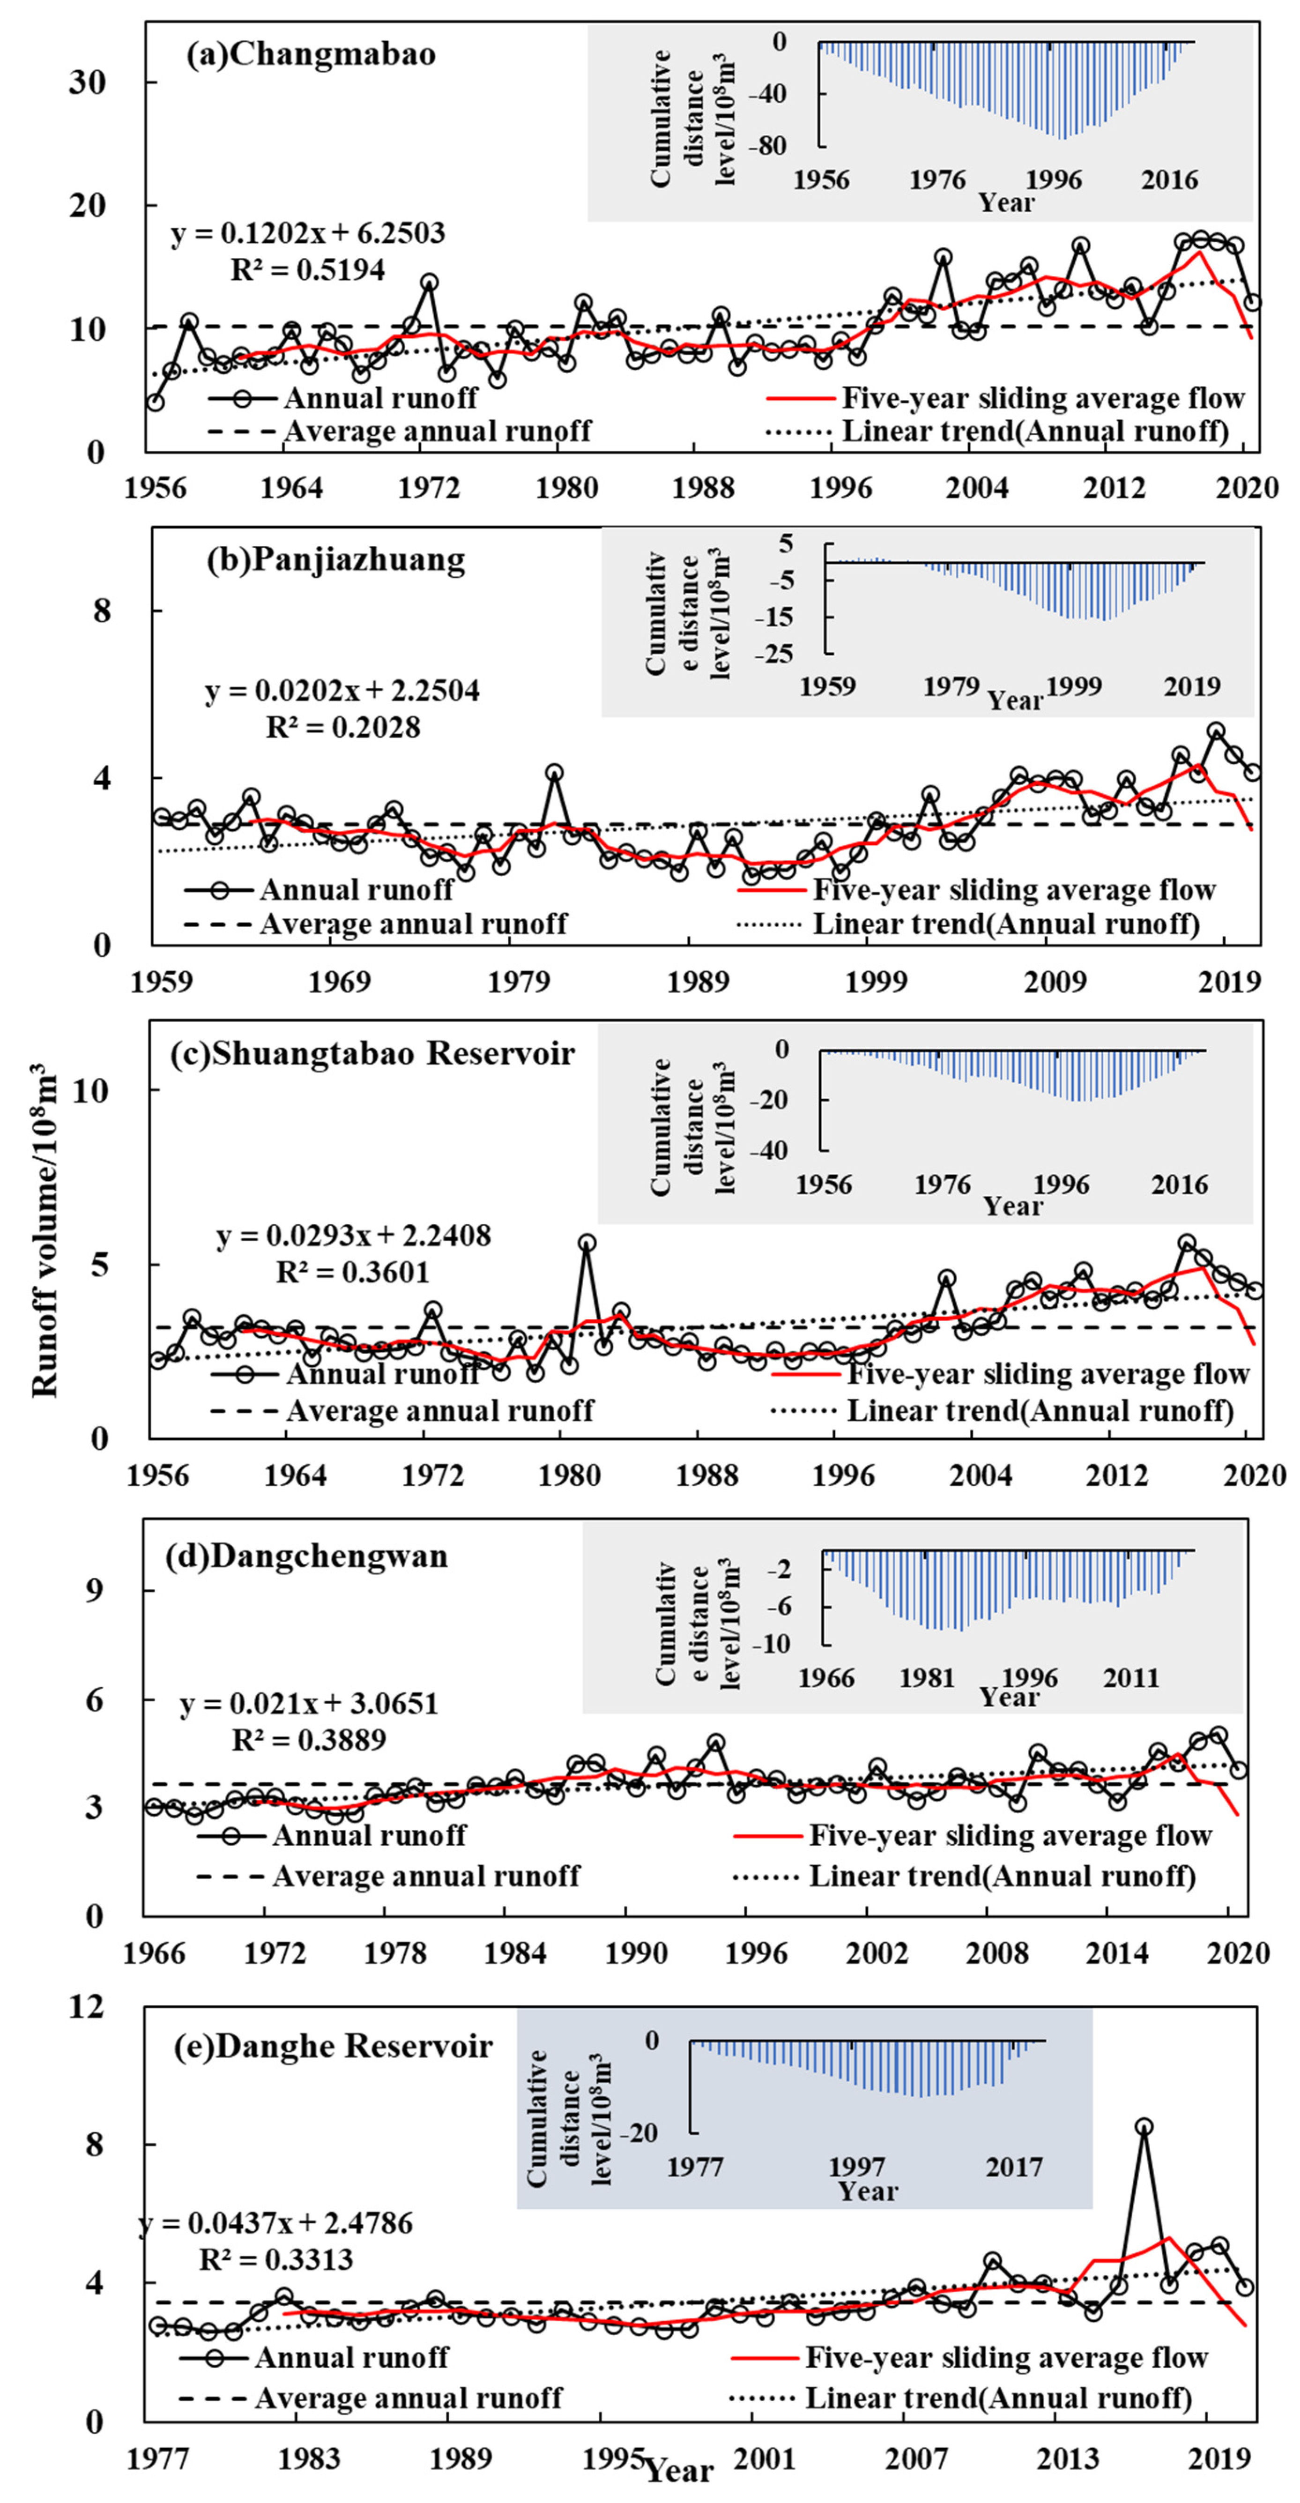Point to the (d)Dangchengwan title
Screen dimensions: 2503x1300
coord(306,1556)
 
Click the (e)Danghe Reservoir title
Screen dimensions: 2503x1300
coord(333,2046)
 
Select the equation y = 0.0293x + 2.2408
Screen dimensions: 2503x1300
coord(354,1236)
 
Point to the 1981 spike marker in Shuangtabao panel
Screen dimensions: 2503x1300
coord(587,1243)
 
